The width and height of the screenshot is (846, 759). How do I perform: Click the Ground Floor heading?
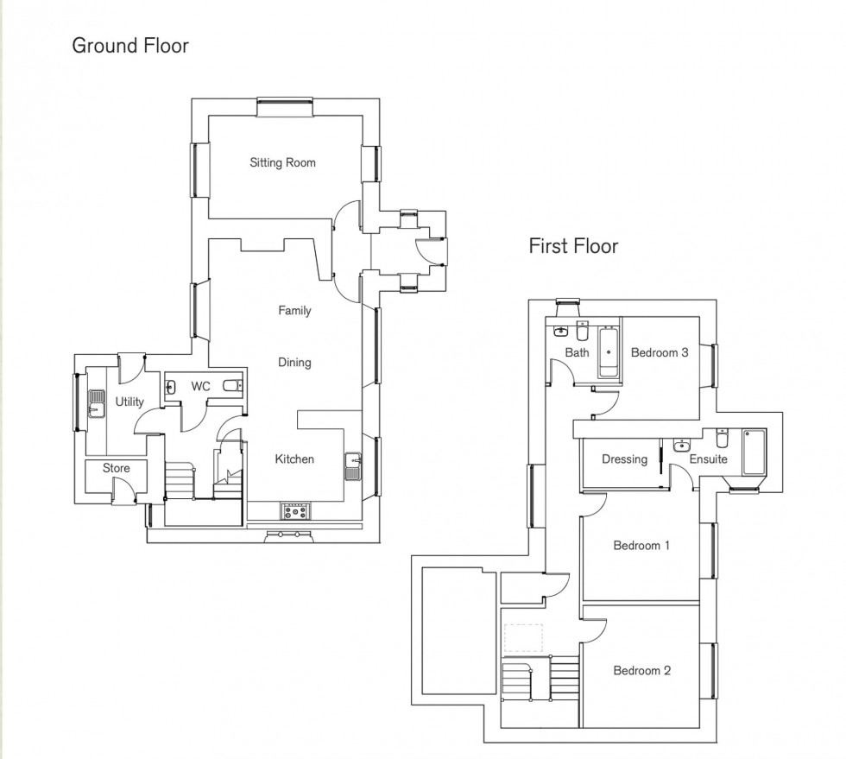pos(129,46)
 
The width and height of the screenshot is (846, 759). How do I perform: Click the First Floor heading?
pos(573,246)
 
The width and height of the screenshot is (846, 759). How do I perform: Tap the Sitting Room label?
pos(282,162)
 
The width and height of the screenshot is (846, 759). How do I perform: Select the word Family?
pos(294,311)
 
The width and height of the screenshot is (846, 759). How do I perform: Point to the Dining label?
pos(294,363)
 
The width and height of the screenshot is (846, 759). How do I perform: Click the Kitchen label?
pos(294,459)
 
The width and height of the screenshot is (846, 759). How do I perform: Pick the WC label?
pos(200,387)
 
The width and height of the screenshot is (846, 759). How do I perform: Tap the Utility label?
pos(129,402)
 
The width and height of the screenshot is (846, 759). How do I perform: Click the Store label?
pos(117,469)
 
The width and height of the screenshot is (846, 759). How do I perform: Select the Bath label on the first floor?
pos(577,352)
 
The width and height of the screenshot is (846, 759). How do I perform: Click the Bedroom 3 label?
pos(659,352)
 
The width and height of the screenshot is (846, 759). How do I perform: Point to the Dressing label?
pos(624,459)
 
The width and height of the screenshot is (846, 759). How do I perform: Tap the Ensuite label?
pos(708,459)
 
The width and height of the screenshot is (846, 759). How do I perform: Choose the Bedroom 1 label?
pos(641,546)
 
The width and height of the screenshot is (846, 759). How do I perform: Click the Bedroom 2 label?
pos(641,671)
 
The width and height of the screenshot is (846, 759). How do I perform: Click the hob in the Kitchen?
pos(295,511)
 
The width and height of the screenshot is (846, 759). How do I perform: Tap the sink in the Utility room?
pos(95,404)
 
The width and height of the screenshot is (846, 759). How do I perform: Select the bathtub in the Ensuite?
pos(754,452)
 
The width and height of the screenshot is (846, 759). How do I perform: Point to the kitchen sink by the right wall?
pos(353,466)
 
